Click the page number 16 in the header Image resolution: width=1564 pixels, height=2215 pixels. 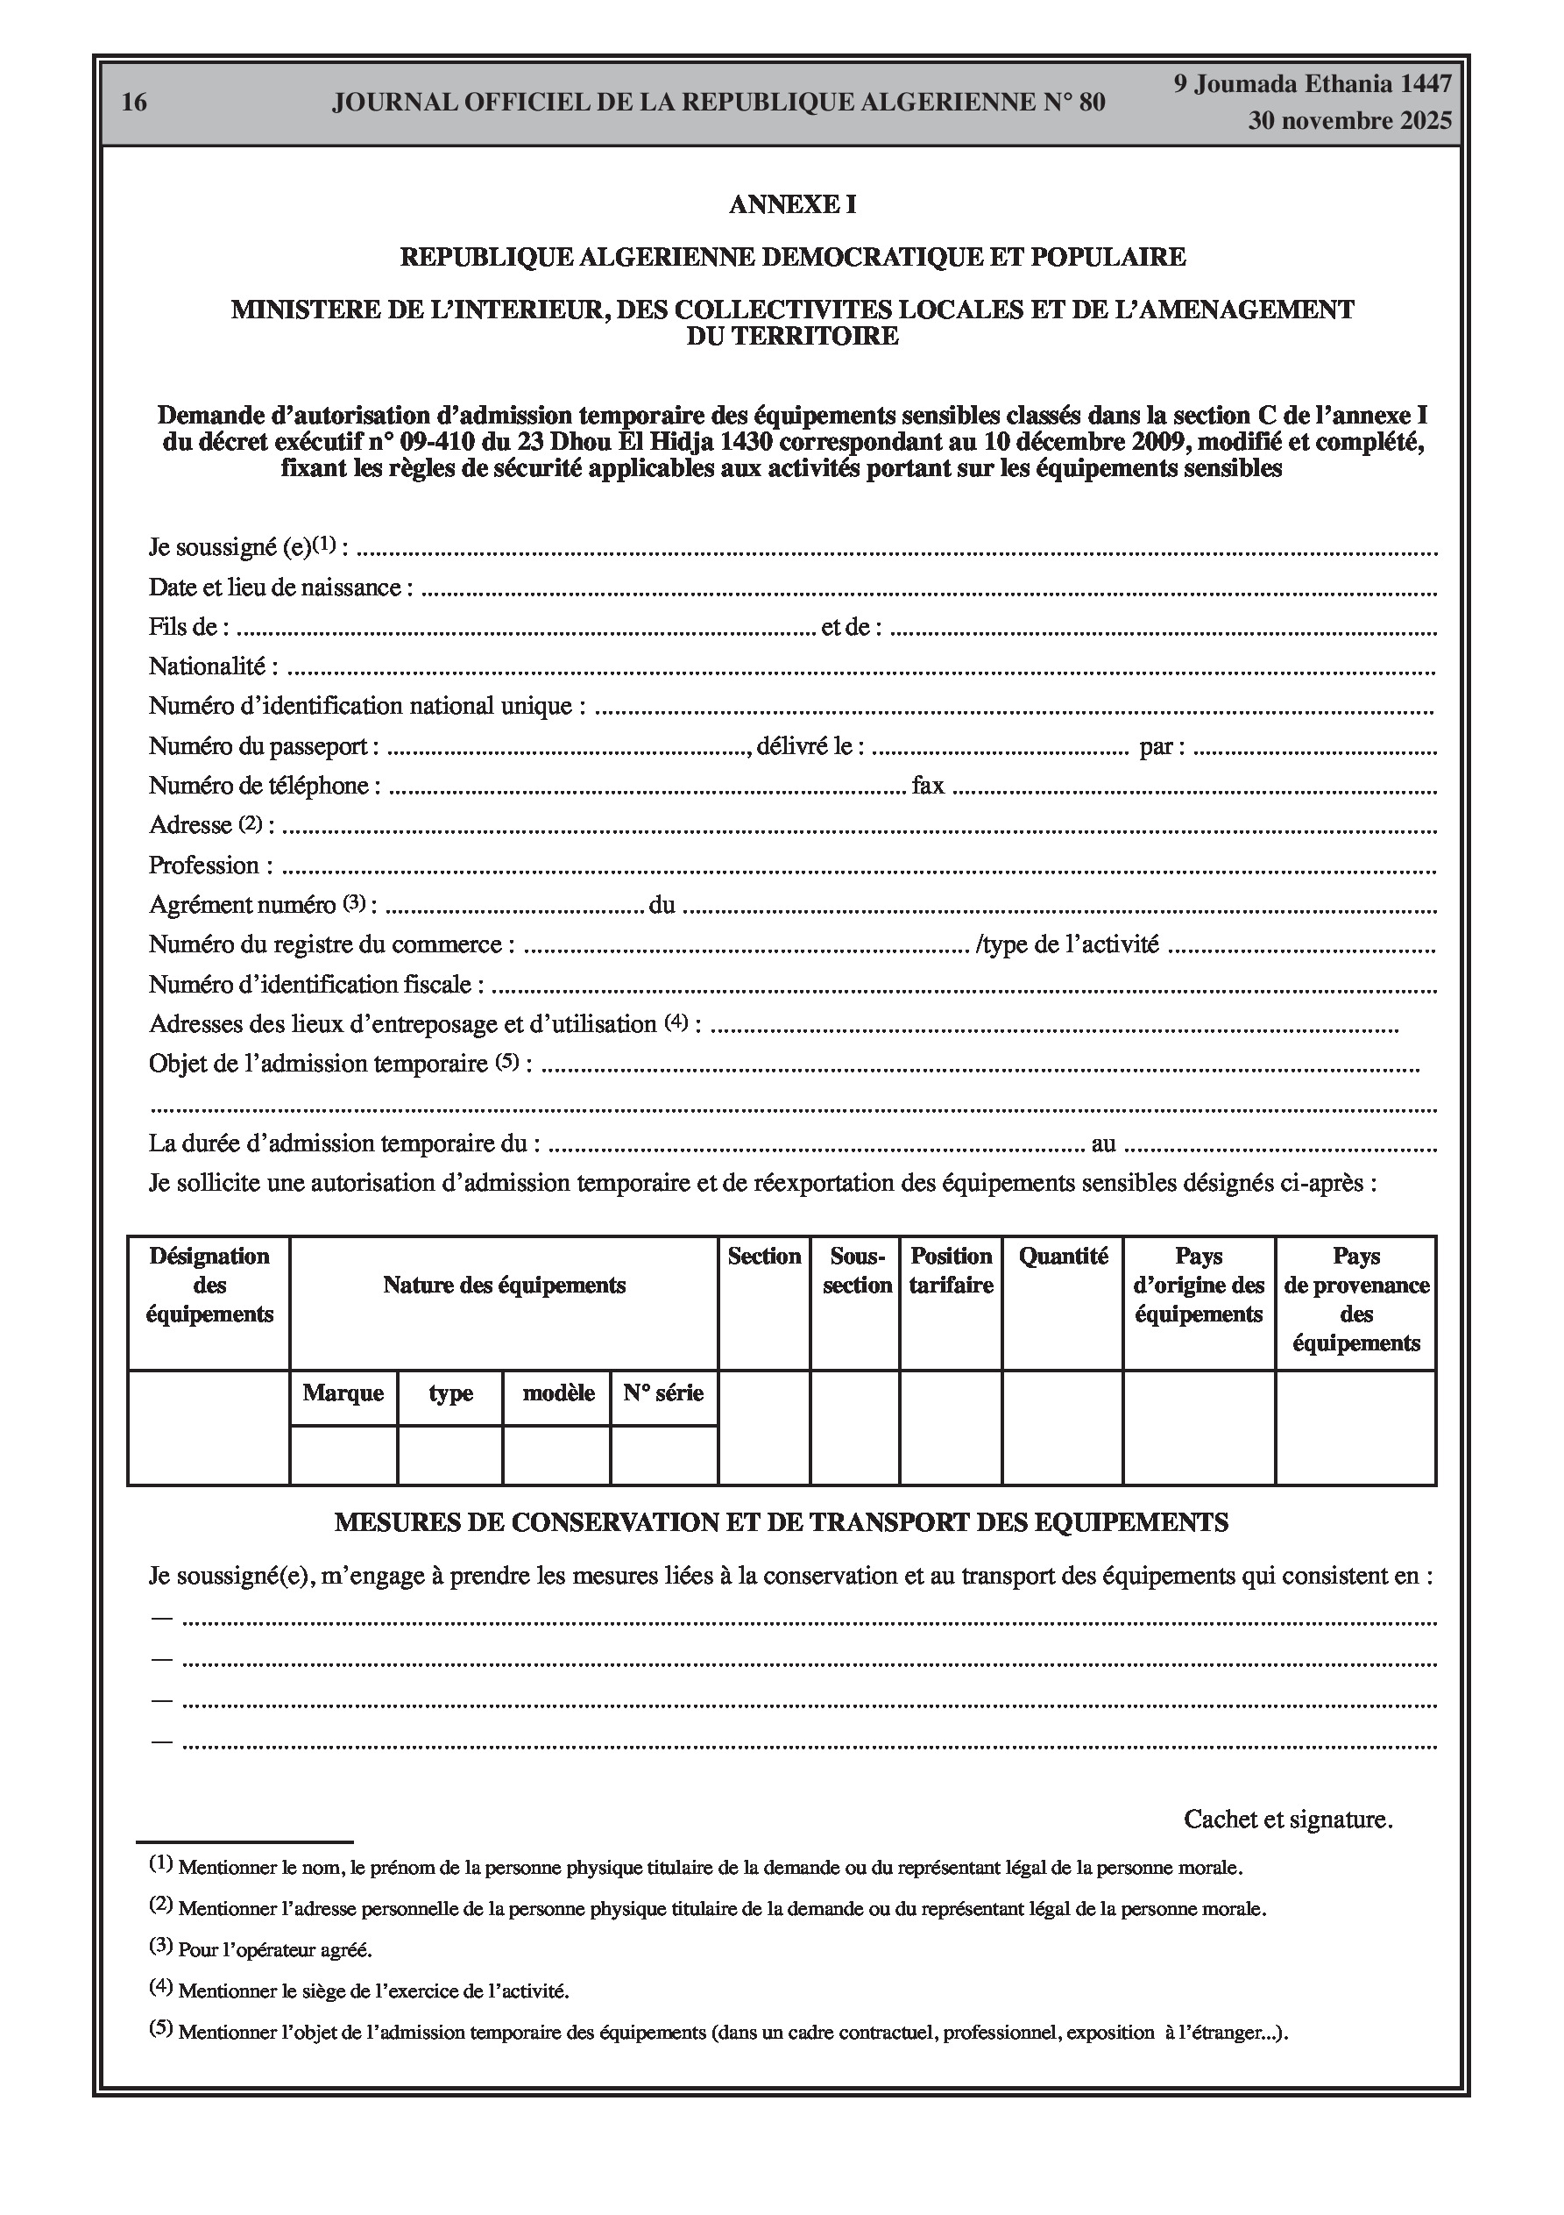(x=135, y=103)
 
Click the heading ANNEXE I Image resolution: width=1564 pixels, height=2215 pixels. (x=792, y=204)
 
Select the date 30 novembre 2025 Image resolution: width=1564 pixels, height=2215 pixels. (x=1349, y=122)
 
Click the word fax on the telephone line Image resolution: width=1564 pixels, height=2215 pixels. (x=928, y=787)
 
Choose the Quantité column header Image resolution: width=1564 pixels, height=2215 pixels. (x=1063, y=1256)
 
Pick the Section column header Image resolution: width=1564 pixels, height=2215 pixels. (x=764, y=1256)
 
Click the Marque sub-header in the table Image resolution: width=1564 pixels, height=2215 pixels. (x=343, y=1393)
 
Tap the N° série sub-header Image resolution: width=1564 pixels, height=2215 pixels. (x=663, y=1393)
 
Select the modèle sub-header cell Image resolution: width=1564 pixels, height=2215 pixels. (x=557, y=1393)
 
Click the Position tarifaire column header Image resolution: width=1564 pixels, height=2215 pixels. (x=951, y=1271)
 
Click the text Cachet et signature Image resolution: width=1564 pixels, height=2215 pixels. (x=1287, y=1820)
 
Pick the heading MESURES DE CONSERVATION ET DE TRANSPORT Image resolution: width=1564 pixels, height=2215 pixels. (x=781, y=1522)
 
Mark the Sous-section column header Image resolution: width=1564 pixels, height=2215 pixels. (x=856, y=1271)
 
